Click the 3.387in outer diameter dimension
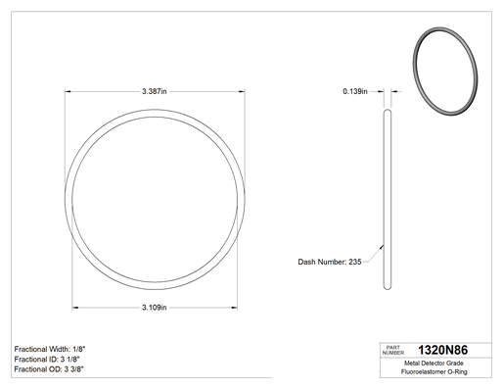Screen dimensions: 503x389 click(x=155, y=91)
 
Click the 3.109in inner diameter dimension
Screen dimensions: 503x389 click(x=155, y=308)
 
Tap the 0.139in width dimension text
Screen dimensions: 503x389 click(x=355, y=91)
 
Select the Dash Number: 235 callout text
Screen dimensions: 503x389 click(x=330, y=262)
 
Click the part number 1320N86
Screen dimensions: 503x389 click(x=442, y=350)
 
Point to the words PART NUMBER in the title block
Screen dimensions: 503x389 click(x=393, y=350)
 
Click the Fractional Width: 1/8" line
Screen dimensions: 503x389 click(x=50, y=349)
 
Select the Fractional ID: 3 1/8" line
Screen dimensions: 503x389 click(x=47, y=360)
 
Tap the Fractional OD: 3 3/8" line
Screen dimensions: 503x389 click(x=49, y=369)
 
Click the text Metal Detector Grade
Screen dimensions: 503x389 click(x=434, y=364)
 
